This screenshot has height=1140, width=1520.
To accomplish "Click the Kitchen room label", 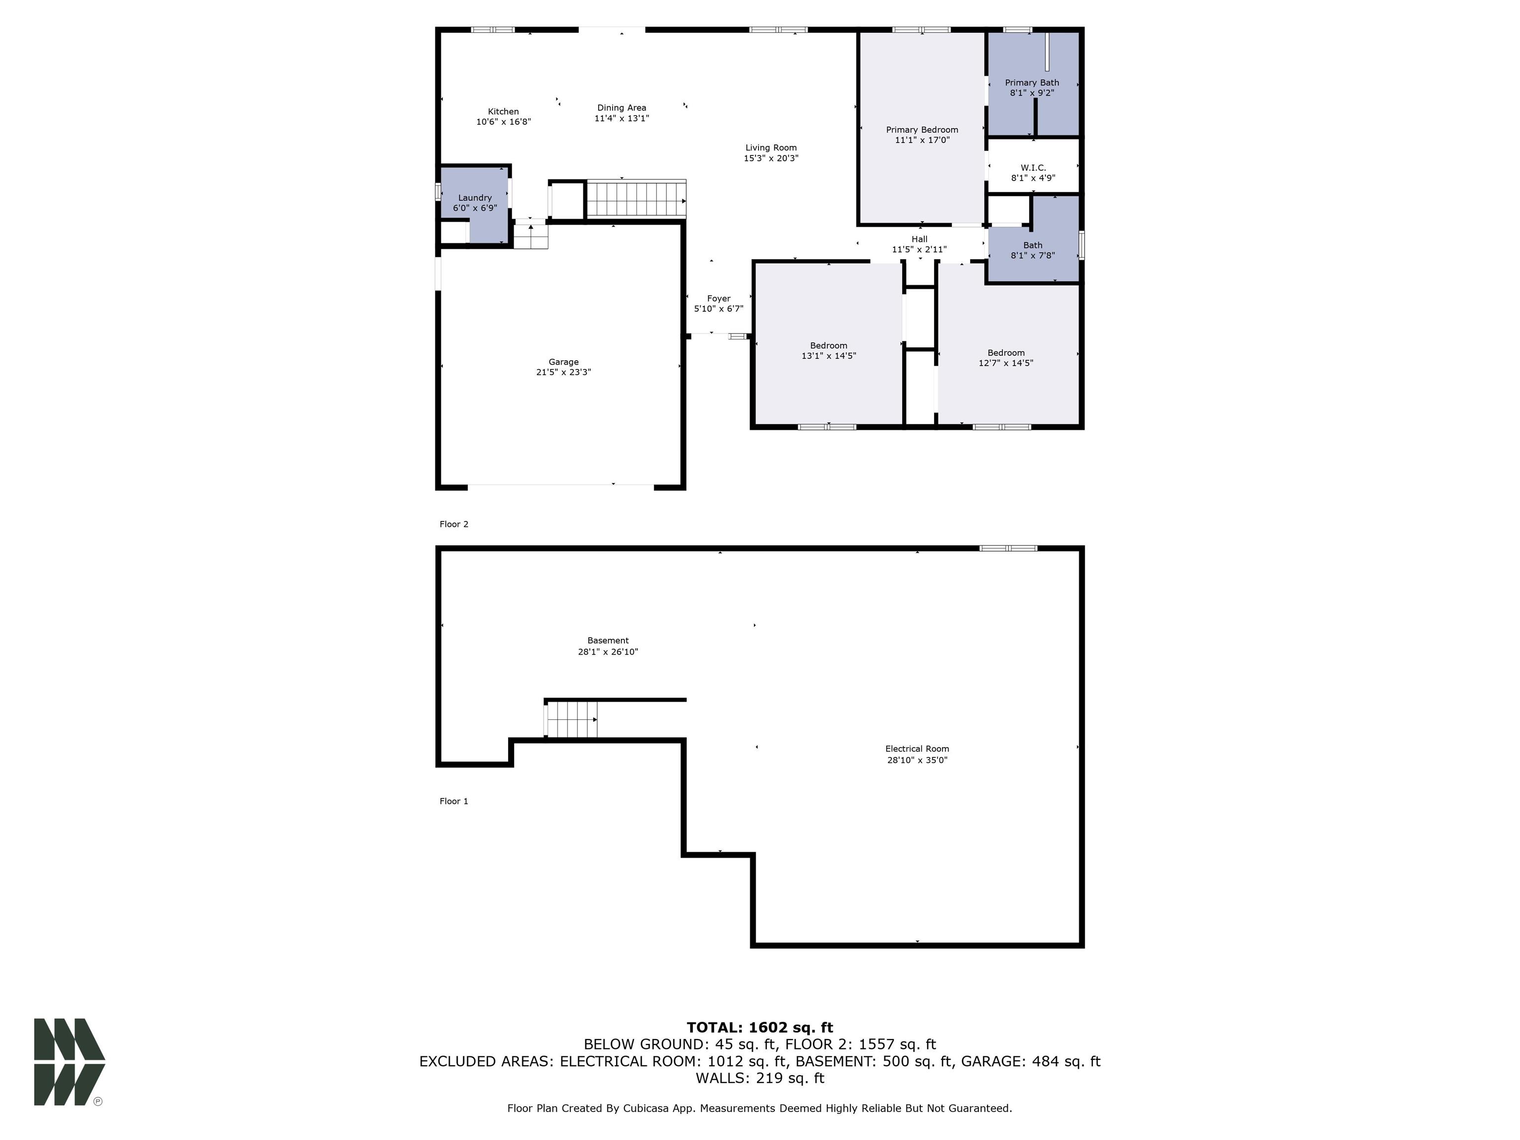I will (503, 111).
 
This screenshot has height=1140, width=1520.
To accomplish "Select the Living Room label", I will (770, 148).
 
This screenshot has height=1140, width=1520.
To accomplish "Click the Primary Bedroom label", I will (921, 130).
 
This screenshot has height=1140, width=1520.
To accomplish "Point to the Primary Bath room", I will (1032, 87).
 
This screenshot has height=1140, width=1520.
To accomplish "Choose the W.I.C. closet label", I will (1032, 168).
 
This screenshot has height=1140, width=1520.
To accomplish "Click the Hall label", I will (919, 239).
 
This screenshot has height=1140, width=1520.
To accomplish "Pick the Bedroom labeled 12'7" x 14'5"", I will (1005, 357).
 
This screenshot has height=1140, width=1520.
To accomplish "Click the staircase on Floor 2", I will (636, 199).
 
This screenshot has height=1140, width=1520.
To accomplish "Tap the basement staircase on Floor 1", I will (571, 719).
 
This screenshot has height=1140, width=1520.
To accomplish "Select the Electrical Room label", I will (917, 749).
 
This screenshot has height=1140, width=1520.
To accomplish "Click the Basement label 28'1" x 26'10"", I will (608, 646).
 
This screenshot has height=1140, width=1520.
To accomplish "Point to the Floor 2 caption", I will (454, 524).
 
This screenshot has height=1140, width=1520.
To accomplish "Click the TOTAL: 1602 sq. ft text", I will (760, 1027).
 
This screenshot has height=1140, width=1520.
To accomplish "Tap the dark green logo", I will (69, 1062).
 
